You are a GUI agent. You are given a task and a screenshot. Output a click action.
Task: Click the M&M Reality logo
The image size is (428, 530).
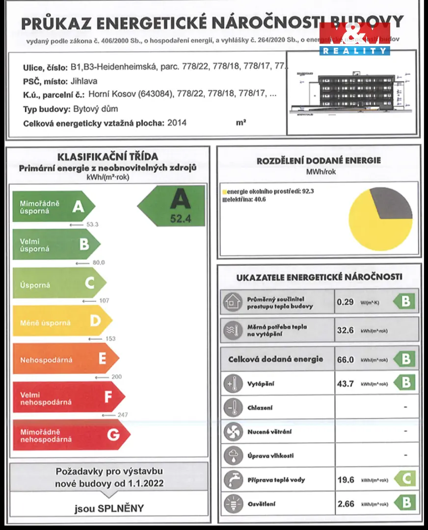355,39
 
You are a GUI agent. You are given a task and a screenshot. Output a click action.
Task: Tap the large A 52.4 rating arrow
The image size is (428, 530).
172,206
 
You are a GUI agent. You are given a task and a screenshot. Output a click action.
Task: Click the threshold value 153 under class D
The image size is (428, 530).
110,339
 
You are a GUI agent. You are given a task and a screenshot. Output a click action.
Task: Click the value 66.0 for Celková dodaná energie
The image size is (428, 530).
346,359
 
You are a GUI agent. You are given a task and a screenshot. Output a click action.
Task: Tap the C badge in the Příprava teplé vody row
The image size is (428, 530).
405,478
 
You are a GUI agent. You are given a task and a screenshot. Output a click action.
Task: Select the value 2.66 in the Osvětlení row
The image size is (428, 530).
346,503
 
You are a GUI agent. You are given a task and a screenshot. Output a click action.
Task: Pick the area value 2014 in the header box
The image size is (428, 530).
177,123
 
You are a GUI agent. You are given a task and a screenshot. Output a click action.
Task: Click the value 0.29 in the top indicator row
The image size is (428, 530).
346,302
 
